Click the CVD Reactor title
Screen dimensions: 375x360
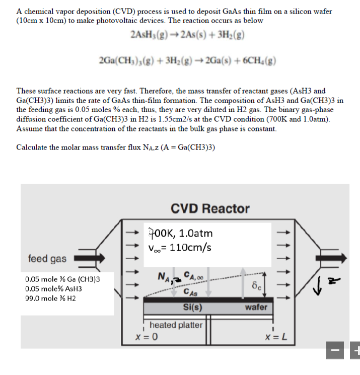210,208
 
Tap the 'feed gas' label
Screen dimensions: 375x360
47,258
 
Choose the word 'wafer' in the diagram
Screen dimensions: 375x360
256,307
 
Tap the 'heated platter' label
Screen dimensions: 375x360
176,325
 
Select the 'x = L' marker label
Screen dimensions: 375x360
276,337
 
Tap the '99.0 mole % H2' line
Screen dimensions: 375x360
52,298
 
